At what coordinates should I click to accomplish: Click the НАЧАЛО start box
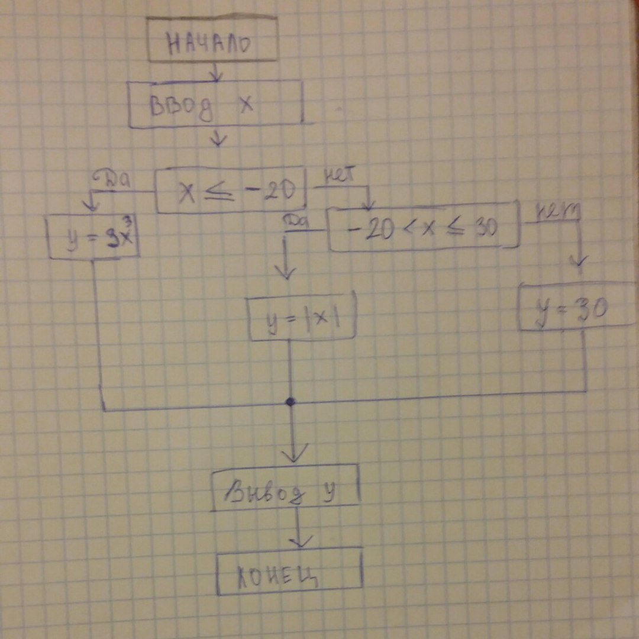(x=212, y=40)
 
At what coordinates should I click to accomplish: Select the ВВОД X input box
(x=216, y=104)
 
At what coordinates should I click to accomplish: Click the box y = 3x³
(x=93, y=237)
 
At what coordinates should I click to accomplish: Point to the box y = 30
(x=577, y=307)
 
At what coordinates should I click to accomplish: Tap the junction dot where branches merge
(x=290, y=402)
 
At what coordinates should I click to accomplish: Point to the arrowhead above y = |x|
(x=286, y=272)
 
